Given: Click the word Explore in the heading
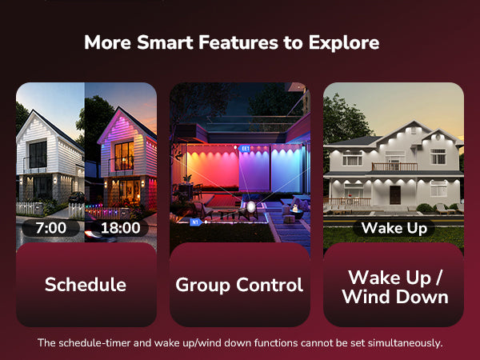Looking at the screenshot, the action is pos(344,42).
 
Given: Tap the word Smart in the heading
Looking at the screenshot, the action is pos(165,42).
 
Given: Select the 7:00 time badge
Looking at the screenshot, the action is pos(51,228).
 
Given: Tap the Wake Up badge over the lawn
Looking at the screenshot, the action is pos(394,228).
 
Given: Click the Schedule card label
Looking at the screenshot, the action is pos(86,284).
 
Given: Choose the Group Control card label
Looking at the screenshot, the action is pos(239,285).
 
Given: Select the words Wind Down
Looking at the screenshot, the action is pos(395,297).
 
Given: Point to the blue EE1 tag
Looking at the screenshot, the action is pos(244,149).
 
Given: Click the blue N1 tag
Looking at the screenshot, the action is pos(195,222).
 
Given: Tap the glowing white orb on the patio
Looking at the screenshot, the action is pos(251,207).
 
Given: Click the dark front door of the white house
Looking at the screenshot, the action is pos(395,194).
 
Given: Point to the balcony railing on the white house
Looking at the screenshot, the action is pos(394,166).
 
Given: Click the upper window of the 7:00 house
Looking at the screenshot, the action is pos(38,154).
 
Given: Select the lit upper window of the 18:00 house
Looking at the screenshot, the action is pos(124,155).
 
